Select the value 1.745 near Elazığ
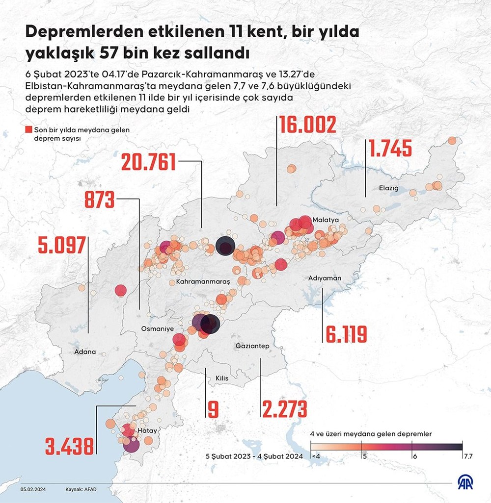coord(391,149)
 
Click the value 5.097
coord(61,245)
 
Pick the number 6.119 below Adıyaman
coord(345,335)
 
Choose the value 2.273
coord(285,409)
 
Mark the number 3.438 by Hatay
coord(69,446)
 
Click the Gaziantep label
coord(251,346)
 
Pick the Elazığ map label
coord(388,188)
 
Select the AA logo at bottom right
coord(463,483)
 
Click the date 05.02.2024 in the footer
coord(33,489)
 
